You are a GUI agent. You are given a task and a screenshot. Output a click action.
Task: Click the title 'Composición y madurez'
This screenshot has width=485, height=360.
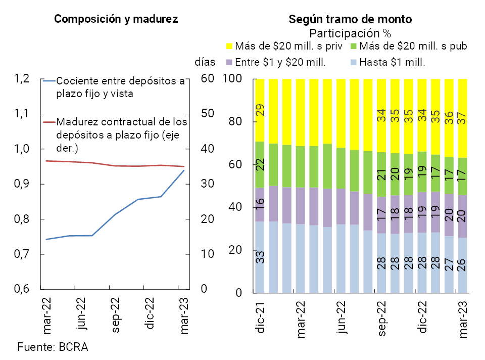tap(116, 19)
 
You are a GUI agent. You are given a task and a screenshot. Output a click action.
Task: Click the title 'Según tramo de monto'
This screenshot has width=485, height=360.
tap(350, 19)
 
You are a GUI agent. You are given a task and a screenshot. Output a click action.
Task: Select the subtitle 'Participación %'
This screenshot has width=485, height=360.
tap(350, 33)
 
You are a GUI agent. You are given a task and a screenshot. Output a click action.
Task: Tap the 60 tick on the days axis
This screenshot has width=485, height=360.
tap(208, 79)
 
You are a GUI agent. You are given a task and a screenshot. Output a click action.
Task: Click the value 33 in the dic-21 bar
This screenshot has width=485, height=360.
tap(261, 257)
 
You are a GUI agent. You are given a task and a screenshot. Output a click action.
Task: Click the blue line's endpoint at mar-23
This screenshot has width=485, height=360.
tap(184, 170)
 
